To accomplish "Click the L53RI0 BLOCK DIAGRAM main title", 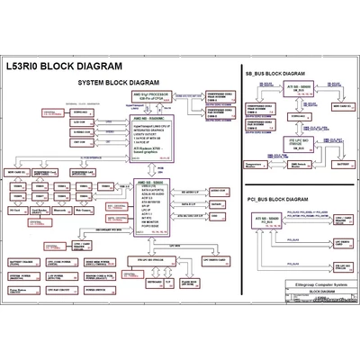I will click(73, 65).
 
